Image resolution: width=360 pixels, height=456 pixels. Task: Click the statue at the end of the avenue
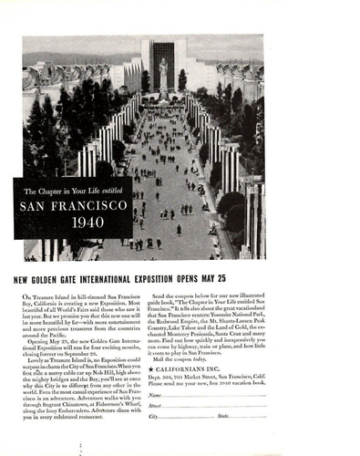(x=164, y=74)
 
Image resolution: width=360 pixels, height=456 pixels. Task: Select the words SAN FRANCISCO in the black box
(x=73, y=205)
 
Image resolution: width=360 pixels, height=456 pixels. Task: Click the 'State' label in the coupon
(x=223, y=416)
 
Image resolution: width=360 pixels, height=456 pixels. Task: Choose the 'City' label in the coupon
(x=154, y=416)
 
